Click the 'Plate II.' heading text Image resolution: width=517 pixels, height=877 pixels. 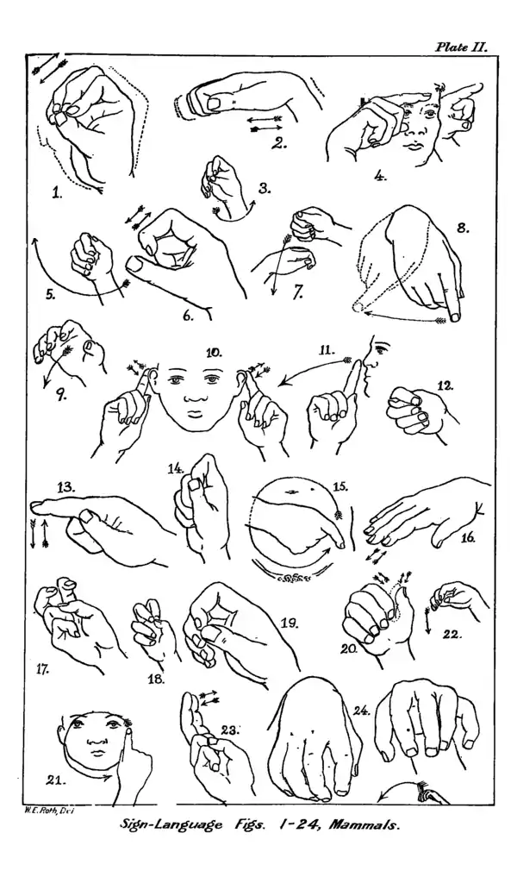[461, 47]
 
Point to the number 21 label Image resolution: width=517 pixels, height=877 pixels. [58, 779]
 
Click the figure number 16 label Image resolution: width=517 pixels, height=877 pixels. [467, 538]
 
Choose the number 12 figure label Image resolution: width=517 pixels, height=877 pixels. [445, 386]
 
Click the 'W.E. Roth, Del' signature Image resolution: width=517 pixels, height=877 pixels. [50, 809]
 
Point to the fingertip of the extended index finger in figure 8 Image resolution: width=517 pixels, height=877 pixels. [454, 318]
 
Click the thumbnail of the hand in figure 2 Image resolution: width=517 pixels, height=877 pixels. [214, 103]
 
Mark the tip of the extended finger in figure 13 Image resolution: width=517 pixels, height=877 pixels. [34, 507]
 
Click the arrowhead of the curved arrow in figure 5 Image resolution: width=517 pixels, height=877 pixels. [35, 241]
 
